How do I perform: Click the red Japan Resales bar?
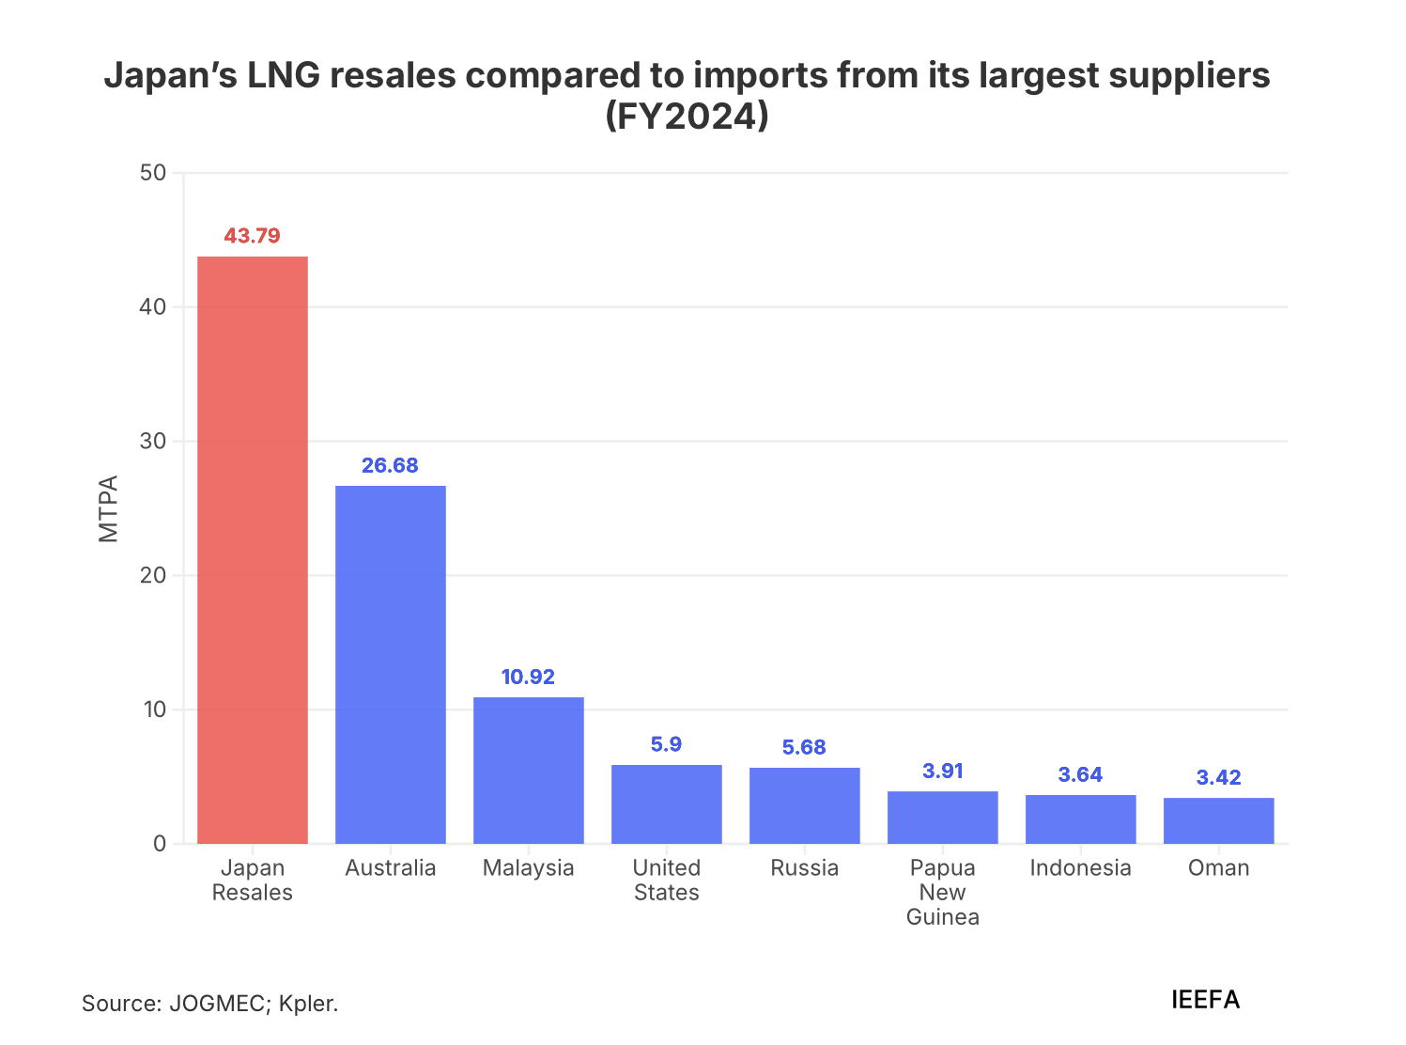pos(252,550)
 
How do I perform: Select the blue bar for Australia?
pos(390,664)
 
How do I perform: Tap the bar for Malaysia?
pos(528,770)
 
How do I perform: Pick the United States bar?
pos(666,803)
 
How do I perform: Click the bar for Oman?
pos(1218,820)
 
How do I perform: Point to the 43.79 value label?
pos(252,236)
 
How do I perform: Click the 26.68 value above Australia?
pos(390,465)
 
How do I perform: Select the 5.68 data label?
pos(804,747)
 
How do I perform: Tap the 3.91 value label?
pos(942,771)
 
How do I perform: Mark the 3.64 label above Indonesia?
pos(1080,774)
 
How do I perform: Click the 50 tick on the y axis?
pos(153,173)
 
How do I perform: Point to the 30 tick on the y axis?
pos(153,442)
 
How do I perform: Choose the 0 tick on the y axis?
pos(159,844)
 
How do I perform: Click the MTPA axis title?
pos(109,508)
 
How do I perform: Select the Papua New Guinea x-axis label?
pos(942,892)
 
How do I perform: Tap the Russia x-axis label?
pos(804,867)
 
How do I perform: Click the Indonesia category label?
pos(1080,867)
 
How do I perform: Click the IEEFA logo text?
pos(1205,1000)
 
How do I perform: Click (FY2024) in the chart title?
pos(687,117)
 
